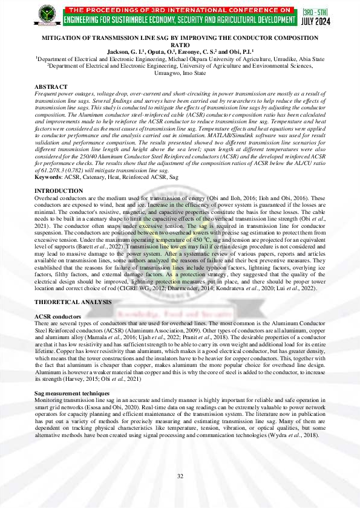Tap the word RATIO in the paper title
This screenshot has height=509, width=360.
[180, 45]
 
